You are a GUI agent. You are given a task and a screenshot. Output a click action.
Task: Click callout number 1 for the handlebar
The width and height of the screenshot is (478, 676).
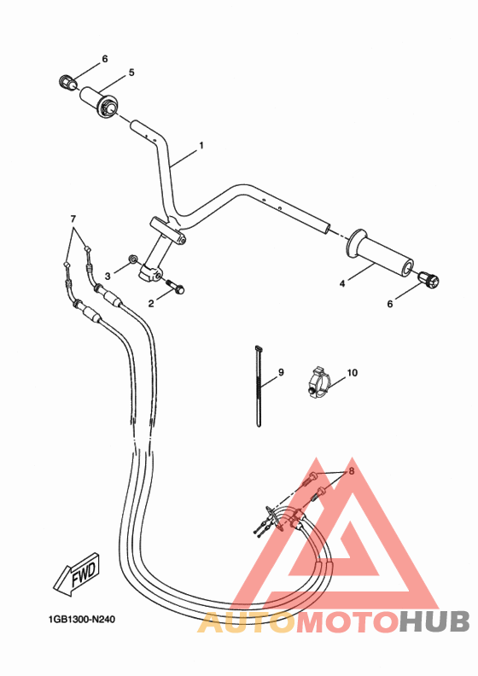[201, 146]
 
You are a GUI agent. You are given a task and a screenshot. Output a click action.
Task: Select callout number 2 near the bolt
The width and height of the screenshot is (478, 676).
[151, 302]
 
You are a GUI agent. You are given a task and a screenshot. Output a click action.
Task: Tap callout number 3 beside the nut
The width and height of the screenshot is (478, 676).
[108, 275]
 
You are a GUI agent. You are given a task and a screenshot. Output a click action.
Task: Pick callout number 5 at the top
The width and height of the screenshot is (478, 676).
[131, 73]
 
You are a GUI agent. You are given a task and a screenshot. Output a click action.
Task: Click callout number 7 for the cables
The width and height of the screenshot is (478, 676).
[73, 219]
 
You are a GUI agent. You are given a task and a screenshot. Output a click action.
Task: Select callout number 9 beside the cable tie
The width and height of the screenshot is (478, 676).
[279, 373]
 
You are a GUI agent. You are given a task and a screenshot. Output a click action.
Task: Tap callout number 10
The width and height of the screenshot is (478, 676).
[353, 373]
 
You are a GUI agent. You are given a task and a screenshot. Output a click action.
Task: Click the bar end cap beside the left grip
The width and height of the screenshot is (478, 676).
[67, 82]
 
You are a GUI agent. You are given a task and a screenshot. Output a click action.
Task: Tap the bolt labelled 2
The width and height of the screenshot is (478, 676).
[177, 288]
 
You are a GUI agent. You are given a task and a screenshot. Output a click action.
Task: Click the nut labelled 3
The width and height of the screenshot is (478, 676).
[132, 259]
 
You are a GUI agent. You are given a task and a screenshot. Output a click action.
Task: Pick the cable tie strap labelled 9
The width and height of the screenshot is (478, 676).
[258, 384]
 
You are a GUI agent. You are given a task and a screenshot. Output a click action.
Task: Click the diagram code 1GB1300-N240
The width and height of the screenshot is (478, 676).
[81, 621]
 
